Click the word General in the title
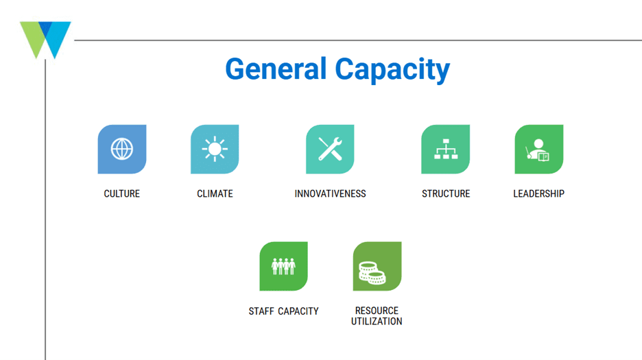(276, 69)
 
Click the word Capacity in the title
(392, 70)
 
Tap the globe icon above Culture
(122, 149)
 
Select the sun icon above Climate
(215, 149)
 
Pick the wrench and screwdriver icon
(330, 149)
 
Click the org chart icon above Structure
(445, 149)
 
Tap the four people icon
(283, 266)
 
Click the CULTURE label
(121, 194)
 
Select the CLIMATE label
(215, 194)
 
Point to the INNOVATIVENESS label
(330, 194)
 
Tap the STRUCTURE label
(446, 194)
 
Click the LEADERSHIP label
(539, 194)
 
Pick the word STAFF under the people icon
(261, 311)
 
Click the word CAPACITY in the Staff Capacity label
(298, 311)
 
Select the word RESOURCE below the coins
(377, 311)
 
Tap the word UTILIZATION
(377, 322)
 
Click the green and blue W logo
(45, 40)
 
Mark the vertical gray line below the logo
(45, 210)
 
